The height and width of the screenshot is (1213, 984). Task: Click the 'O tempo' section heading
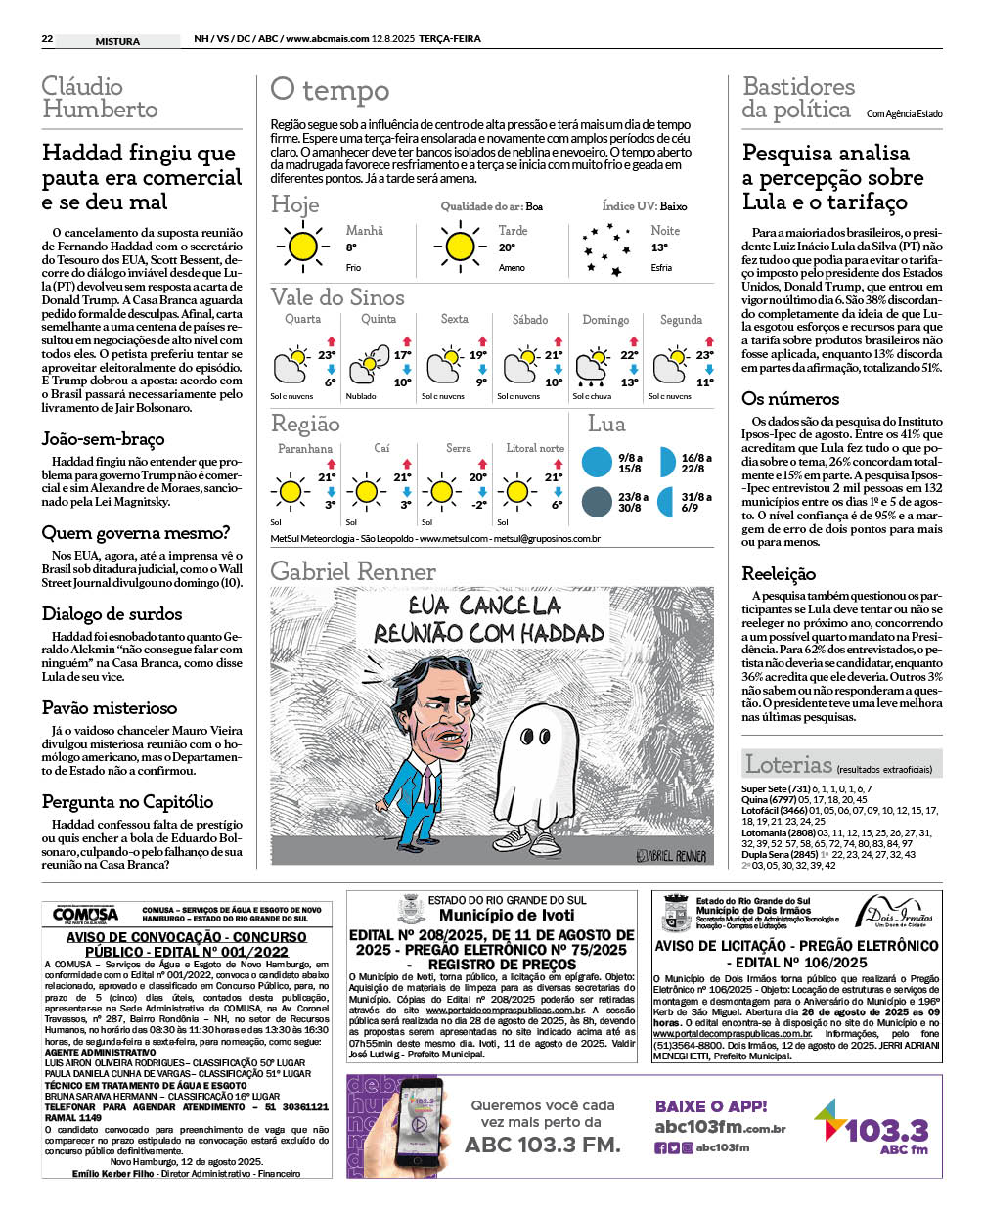(x=330, y=91)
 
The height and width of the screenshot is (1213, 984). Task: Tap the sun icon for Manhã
(x=303, y=247)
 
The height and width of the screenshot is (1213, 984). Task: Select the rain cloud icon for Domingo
(x=593, y=367)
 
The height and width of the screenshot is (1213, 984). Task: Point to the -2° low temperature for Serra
(x=478, y=505)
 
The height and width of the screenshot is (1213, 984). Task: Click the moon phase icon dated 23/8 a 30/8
(x=597, y=502)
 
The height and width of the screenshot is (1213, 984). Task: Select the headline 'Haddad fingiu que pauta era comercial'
(x=141, y=177)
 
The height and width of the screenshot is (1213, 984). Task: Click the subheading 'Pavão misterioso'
(x=110, y=707)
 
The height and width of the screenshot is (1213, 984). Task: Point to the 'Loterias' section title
(x=788, y=764)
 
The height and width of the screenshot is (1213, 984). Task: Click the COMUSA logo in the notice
(x=85, y=914)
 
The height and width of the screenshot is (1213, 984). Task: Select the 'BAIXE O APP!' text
(x=711, y=1106)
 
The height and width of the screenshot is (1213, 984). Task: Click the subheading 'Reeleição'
(x=779, y=573)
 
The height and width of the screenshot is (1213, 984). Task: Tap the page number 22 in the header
(x=47, y=39)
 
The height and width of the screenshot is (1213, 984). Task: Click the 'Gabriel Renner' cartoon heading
(x=353, y=571)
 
